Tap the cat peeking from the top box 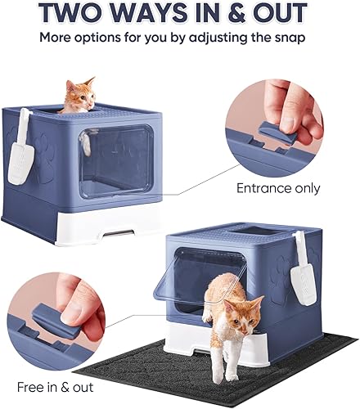click(x=78, y=96)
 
